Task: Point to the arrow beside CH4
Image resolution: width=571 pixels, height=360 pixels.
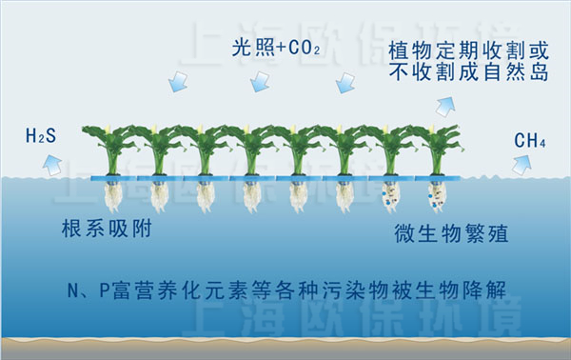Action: click(x=522, y=165)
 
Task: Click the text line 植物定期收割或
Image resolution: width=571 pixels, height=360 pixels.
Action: click(x=466, y=49)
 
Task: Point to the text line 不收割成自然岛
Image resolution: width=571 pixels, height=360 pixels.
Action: click(x=466, y=70)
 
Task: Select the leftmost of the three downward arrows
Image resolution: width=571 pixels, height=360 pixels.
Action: click(x=176, y=84)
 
